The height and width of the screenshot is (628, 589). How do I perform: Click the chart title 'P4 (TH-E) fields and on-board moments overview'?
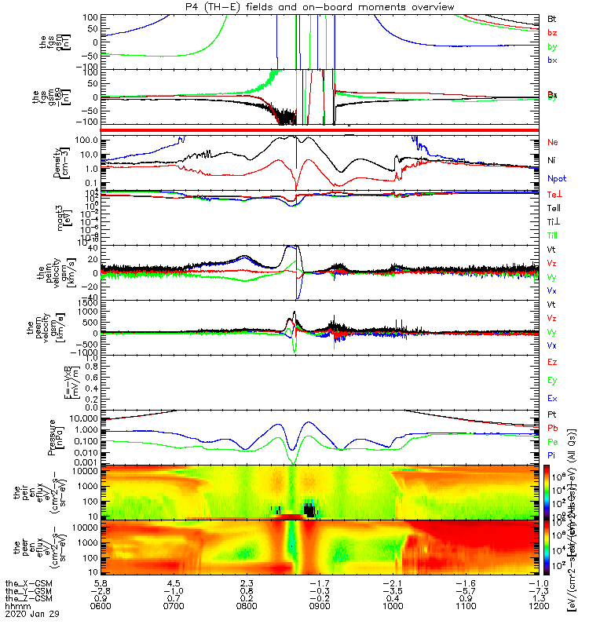pos(316,6)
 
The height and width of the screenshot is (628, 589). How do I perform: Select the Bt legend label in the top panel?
pos(552,17)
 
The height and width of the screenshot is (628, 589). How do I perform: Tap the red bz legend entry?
pos(552,32)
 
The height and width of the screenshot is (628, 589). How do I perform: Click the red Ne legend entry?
pos(552,142)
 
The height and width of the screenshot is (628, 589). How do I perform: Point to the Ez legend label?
pos(552,362)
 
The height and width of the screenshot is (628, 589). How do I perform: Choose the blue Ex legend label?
pos(552,399)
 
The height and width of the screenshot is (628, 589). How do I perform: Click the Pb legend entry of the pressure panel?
pos(552,429)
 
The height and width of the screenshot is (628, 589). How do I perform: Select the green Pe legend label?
pos(552,442)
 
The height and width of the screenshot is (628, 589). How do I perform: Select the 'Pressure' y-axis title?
pos(52,436)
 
